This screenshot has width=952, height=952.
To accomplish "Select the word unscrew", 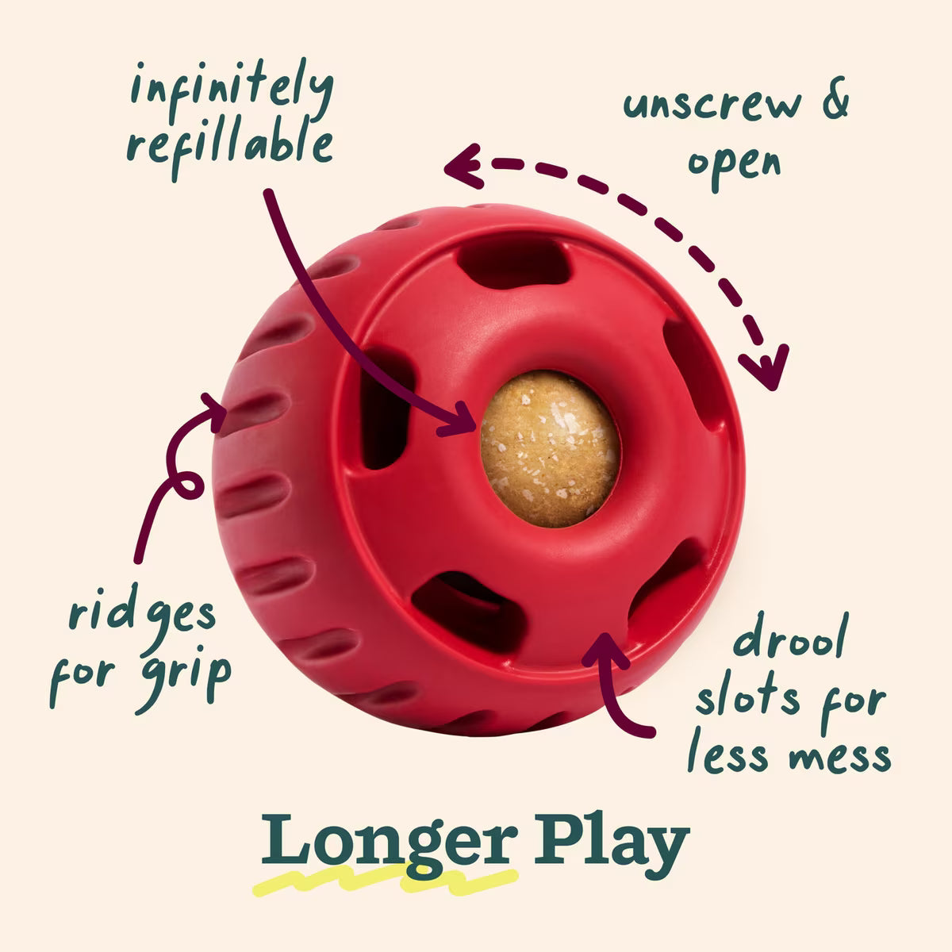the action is (712, 104).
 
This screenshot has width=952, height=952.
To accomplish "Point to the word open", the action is (734, 167).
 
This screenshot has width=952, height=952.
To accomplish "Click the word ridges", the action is (142, 615).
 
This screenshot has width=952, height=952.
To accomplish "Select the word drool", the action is (791, 635).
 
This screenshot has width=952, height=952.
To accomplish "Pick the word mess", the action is (840, 757).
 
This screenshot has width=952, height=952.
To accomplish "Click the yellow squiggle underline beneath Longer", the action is (386, 880).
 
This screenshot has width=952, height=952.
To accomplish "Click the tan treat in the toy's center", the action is (550, 448).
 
